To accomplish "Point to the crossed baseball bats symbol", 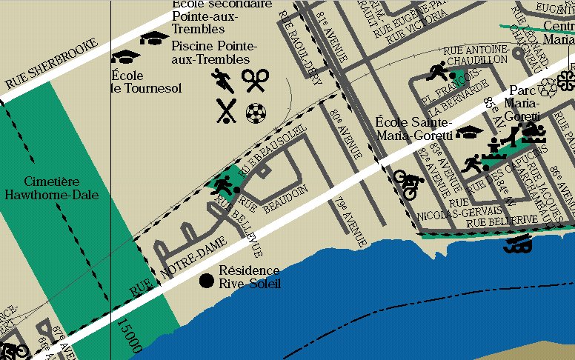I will [x=226, y=111].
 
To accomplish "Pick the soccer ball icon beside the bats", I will [x=256, y=113].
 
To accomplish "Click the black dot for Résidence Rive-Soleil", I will [x=207, y=280].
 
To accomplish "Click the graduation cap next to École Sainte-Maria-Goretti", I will [x=467, y=133].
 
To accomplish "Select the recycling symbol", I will [x=548, y=88].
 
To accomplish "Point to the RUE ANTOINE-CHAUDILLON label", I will [x=475, y=53].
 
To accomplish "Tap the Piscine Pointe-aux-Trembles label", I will [x=210, y=52].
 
